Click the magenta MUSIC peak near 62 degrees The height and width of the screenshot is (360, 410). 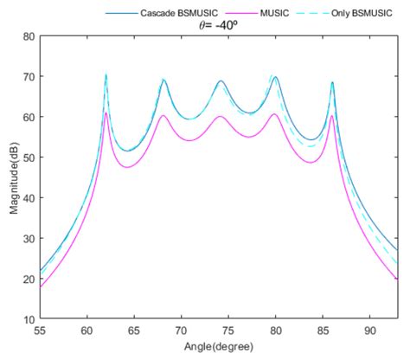(106, 112)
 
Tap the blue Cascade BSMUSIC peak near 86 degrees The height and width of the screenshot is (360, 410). (332, 83)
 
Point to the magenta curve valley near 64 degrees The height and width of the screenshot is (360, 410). (127, 167)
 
